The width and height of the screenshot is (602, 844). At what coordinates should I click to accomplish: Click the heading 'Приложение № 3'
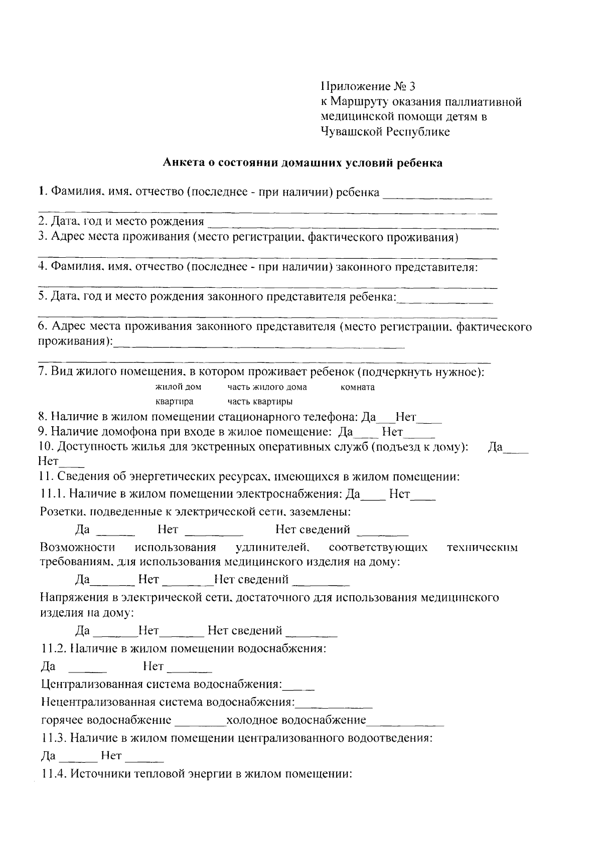tap(368, 87)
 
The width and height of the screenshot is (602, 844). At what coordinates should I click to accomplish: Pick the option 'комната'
tap(357, 387)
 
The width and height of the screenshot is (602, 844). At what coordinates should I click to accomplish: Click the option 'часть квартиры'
tap(260, 402)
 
